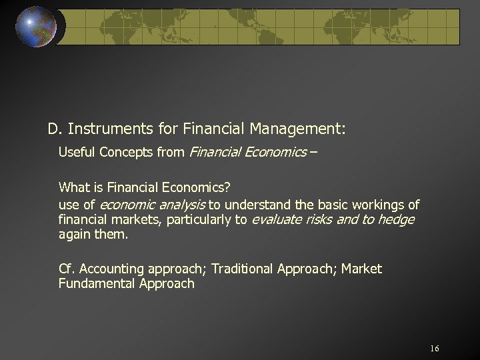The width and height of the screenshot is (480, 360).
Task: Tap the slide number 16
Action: (x=435, y=349)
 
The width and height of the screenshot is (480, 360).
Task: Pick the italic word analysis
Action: (x=182, y=204)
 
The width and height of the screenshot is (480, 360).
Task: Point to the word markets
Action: (x=133, y=219)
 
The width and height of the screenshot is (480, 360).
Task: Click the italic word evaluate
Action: (x=277, y=219)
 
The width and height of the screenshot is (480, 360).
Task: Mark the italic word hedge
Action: (x=396, y=219)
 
